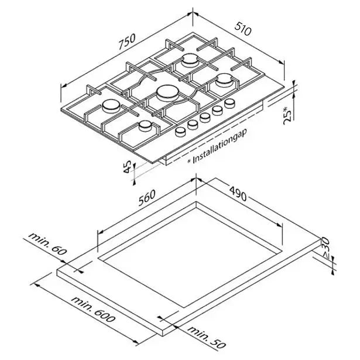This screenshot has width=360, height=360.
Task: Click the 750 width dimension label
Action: (x=127, y=42)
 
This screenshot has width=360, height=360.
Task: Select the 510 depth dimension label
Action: (x=243, y=28)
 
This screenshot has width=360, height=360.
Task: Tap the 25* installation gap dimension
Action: (x=288, y=115)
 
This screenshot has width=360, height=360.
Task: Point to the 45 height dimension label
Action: (x=127, y=166)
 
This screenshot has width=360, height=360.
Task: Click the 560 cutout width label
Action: (x=147, y=197)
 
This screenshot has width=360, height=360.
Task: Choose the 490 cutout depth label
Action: (x=238, y=194)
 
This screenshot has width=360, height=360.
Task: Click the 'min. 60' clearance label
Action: (x=47, y=244)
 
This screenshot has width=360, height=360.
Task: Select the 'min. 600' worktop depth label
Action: (x=93, y=309)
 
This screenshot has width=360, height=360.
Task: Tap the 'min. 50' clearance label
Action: (x=207, y=338)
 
